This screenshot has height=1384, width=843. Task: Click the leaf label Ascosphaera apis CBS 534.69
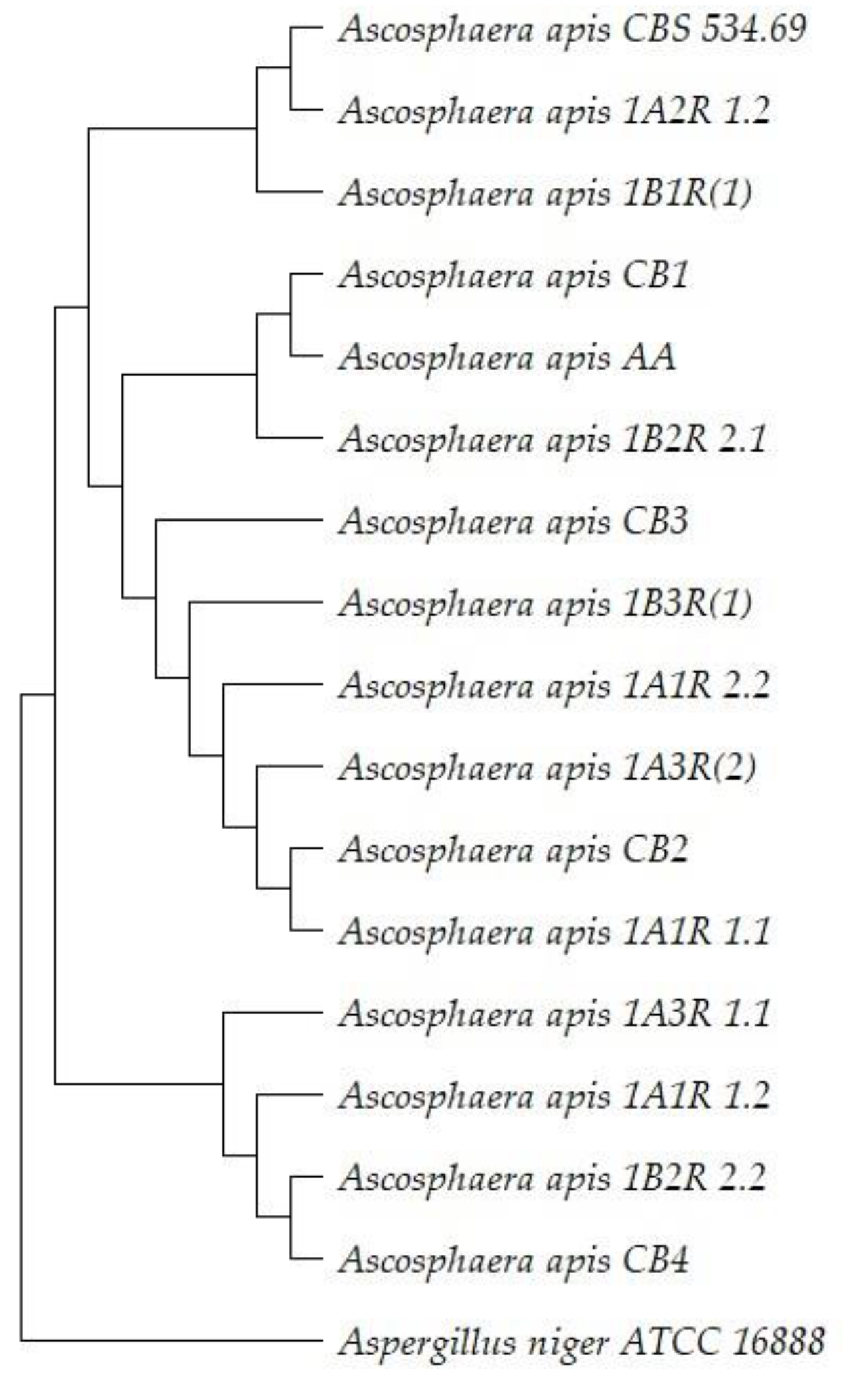coord(572,29)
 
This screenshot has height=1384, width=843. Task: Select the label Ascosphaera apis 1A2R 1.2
coord(554,111)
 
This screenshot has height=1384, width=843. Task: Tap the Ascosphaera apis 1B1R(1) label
coord(545,194)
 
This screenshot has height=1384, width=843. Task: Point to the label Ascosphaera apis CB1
coord(514,275)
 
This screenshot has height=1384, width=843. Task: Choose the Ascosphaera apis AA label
coord(507,358)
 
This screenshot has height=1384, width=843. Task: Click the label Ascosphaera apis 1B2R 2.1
coord(552,440)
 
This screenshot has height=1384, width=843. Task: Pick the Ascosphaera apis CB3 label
coord(514,522)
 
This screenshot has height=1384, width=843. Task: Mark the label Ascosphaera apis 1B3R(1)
coord(545,604)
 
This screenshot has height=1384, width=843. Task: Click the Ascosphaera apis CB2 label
coord(514,850)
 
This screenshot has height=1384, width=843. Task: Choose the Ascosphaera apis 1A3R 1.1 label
coord(554,1014)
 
